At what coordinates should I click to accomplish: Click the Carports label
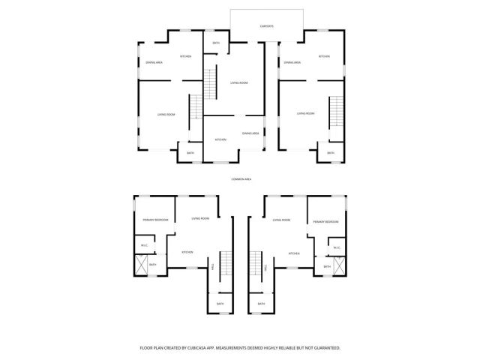coord(267,26)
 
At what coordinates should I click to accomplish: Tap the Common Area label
coord(241,178)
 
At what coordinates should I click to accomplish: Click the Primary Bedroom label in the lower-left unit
coord(155,220)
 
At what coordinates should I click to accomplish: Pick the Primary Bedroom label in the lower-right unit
coord(325,222)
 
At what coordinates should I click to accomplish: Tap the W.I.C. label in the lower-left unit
coord(144,246)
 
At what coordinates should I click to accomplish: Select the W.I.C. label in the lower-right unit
coord(337,248)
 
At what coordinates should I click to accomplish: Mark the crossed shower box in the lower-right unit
coord(339,266)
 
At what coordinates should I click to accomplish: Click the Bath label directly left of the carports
coord(216,43)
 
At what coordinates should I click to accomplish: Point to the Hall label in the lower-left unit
coord(213,267)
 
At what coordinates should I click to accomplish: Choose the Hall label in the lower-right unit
coord(268,267)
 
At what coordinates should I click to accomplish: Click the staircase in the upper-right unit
coord(336,112)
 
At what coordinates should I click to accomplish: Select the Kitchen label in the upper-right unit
coord(324,57)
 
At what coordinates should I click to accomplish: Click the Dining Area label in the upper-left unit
coord(154,62)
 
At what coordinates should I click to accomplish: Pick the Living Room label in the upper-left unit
coord(166,114)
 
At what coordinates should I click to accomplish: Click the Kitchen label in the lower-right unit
coord(295,253)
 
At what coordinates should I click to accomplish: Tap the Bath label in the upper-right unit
coord(331,153)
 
